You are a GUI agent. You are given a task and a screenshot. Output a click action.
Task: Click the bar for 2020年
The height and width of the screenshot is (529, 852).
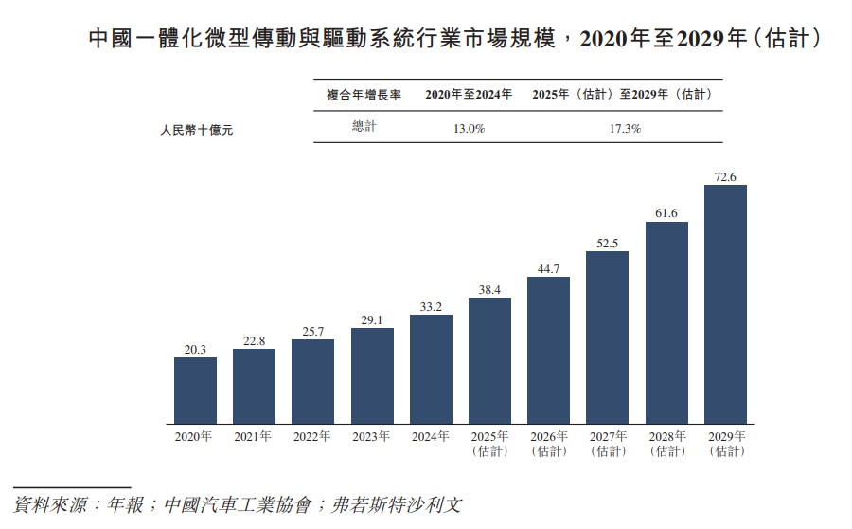point(195,390)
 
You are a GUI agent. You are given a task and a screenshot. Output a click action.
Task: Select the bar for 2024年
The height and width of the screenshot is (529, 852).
point(431,369)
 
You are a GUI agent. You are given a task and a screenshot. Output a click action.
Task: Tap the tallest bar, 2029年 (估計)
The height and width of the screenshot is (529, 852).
point(725,303)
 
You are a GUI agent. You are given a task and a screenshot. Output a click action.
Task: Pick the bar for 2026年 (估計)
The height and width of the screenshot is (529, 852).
point(548,350)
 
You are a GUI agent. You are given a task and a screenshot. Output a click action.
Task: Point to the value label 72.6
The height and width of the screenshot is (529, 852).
point(725,176)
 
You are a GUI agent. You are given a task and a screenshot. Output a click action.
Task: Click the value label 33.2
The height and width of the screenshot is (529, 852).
point(431,306)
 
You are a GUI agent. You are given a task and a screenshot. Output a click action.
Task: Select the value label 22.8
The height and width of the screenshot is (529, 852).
point(254,341)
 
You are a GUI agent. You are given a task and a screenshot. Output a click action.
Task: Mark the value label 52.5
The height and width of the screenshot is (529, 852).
point(607,244)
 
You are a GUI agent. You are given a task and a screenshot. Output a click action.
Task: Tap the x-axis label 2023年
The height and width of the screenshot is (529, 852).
point(371,437)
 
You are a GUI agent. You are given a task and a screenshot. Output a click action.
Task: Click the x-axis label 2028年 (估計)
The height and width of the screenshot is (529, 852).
point(666,444)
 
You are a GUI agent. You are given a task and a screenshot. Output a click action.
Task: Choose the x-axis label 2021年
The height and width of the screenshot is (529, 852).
point(254,437)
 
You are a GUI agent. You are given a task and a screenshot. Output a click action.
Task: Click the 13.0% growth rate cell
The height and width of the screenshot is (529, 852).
point(470,128)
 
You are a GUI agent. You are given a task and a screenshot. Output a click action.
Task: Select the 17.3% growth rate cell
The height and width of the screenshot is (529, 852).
point(624,128)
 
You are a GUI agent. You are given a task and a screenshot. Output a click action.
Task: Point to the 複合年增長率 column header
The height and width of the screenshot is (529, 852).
point(364,95)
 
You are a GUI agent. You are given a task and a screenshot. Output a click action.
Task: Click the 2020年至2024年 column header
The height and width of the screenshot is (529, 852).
point(470,95)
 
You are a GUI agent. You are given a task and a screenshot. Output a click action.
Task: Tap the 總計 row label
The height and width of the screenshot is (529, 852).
point(364,127)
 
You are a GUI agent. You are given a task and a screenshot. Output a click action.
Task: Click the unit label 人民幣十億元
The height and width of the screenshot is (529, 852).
point(196,130)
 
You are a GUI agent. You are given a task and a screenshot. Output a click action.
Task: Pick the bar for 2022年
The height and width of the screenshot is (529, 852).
point(312,381)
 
